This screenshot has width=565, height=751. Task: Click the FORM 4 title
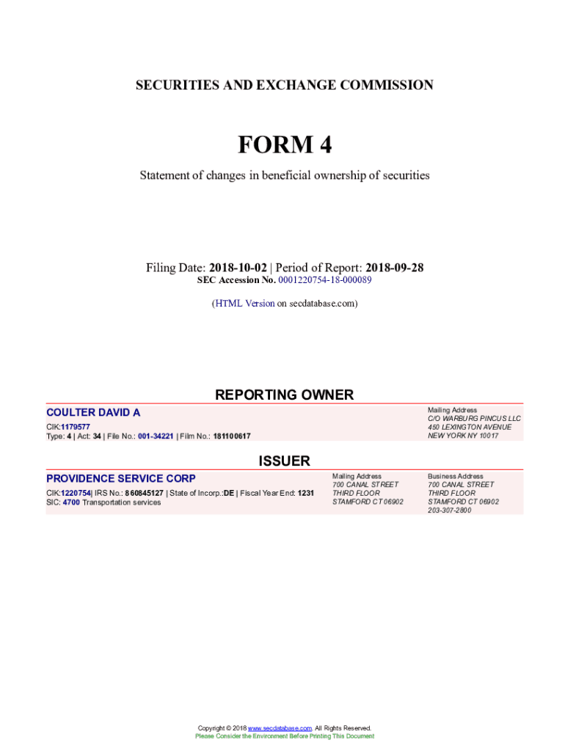click(284, 145)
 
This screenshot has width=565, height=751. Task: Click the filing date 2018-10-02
click(238, 268)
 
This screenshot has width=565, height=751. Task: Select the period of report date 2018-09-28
click(394, 268)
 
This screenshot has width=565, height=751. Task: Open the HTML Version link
click(244, 303)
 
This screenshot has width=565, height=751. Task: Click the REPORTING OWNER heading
click(284, 395)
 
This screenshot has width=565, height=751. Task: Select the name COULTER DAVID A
click(93, 413)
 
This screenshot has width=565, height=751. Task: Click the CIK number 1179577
click(76, 427)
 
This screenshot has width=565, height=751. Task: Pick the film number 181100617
click(231, 436)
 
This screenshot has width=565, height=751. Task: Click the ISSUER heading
click(284, 461)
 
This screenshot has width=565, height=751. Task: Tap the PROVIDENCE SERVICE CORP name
click(121, 479)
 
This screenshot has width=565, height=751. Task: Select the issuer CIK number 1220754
click(76, 494)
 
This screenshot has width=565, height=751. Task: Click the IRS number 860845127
click(144, 494)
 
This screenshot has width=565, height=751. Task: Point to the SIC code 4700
click(71, 502)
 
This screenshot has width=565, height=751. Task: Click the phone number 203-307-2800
click(450, 510)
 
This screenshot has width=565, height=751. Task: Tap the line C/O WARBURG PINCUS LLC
click(474, 419)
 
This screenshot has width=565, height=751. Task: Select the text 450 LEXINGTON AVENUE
click(470, 427)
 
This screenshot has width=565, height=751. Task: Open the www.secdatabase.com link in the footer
click(280, 728)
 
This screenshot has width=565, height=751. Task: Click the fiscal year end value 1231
click(305, 494)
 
